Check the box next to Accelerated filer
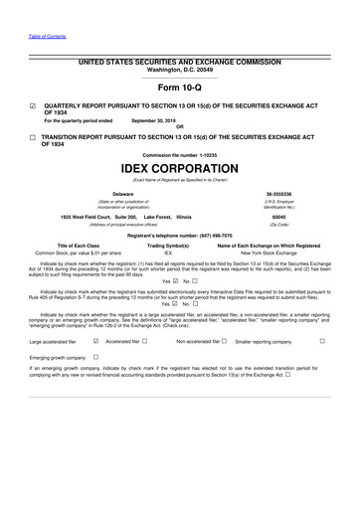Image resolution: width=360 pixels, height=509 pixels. coord(145,341)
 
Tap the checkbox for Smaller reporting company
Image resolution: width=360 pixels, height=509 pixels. coord(322,341)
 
